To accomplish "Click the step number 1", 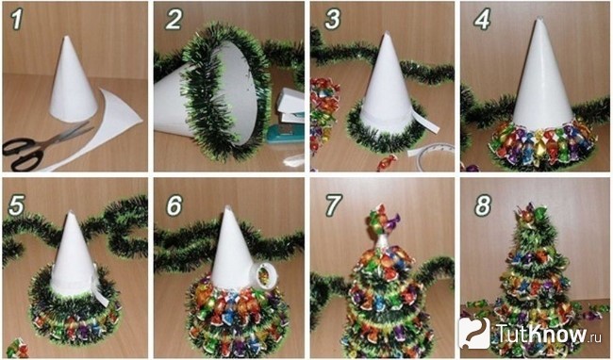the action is coord(16,20).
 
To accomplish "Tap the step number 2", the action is coord(174,20).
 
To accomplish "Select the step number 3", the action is coord(332,20).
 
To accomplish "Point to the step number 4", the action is coord(482,20).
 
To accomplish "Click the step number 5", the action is coord(16,205).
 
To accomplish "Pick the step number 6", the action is coord(174,205).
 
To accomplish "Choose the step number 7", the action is coord(332,205).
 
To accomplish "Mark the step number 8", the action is coord(483,205).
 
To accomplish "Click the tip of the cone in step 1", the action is coord(66,37).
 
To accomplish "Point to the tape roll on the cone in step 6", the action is coord(264,276).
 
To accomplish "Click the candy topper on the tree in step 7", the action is coord(382,220).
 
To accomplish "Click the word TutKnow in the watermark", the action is coord(542,333).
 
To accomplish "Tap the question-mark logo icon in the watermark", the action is coord(473,333).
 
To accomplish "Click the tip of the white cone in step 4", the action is coord(539,18).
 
